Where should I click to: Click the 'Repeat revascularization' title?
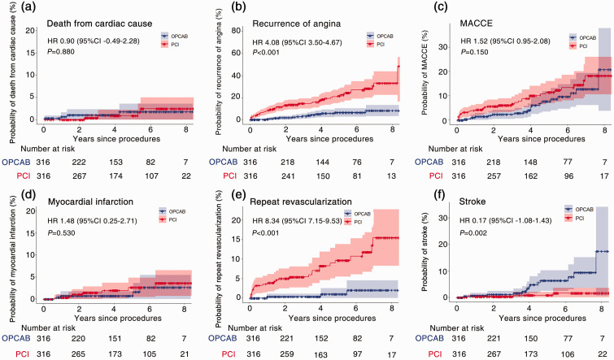[x=306, y=198]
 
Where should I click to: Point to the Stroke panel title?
[x=480, y=198]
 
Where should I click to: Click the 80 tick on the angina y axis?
[x=242, y=30]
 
